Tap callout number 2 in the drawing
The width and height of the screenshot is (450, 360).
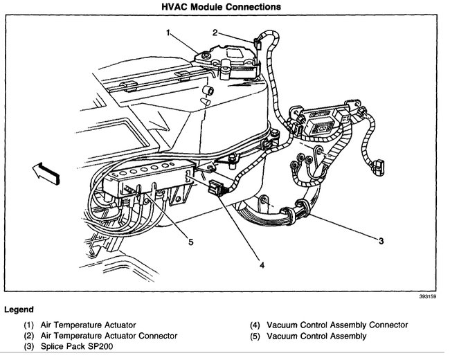pyautogui.click(x=215, y=32)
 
